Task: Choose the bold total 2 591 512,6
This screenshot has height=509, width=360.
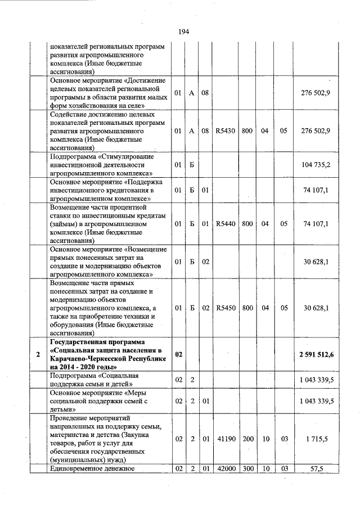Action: pos(313,354)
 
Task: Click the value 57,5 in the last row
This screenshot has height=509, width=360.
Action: pos(321,469)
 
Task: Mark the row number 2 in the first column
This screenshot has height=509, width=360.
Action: pos(38,354)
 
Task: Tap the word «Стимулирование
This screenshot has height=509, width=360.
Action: pos(125,156)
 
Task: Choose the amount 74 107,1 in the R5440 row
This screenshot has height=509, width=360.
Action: pos(316,223)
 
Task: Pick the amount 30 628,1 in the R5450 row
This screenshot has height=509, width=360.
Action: pos(316,308)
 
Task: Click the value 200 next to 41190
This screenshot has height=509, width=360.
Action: pos(247,438)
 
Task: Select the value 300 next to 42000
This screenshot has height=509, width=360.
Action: pos(247,469)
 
